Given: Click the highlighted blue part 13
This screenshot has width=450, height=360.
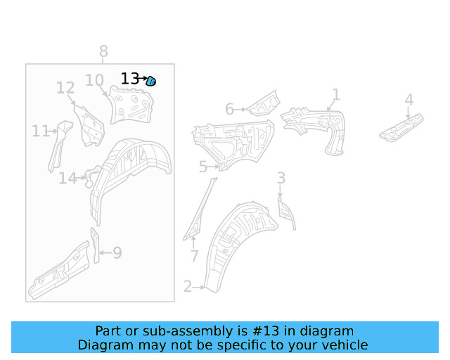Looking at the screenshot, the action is click(x=150, y=82).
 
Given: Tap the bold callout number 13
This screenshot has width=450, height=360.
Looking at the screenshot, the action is click(x=129, y=78).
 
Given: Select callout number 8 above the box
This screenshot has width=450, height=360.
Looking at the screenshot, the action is click(x=103, y=51).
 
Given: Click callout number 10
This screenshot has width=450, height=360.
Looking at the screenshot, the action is click(x=94, y=80).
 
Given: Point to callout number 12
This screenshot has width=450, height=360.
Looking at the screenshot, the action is click(x=65, y=88).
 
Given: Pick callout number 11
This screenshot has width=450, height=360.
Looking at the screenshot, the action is click(x=41, y=131).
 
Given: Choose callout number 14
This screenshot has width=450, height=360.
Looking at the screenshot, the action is click(x=67, y=179).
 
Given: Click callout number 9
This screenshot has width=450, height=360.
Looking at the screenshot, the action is click(x=117, y=252).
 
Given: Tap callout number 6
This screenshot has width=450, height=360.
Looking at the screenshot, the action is click(x=229, y=110).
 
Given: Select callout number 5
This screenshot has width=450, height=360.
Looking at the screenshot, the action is click(x=203, y=167).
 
